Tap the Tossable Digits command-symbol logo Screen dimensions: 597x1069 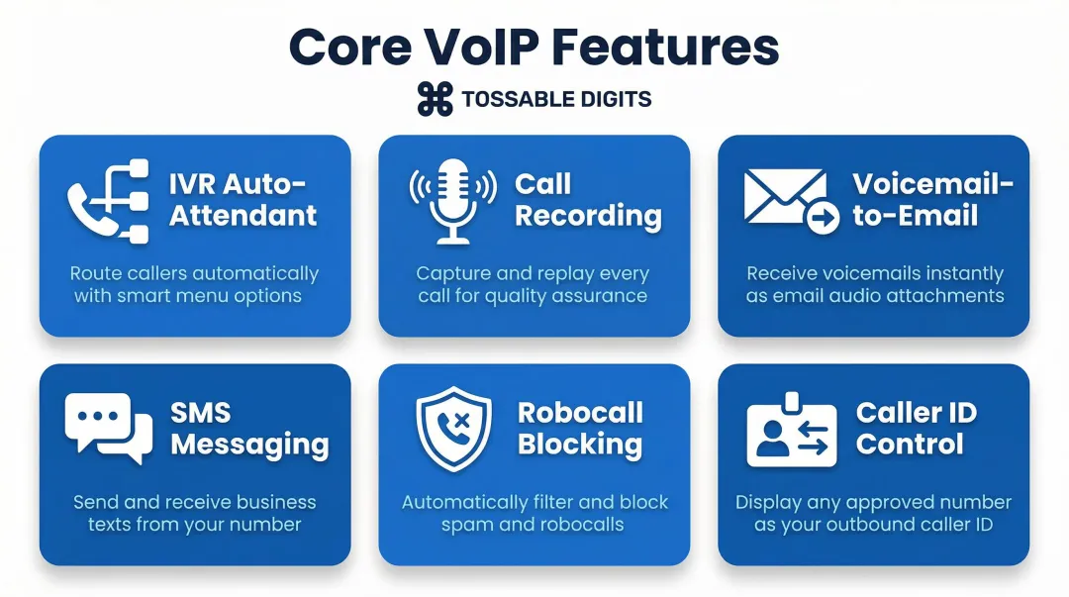click(434, 99)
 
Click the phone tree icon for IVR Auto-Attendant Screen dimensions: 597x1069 click(109, 201)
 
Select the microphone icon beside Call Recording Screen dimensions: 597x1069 click(452, 201)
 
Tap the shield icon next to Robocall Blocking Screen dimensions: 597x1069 click(452, 429)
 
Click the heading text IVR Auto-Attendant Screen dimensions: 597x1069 click(243, 200)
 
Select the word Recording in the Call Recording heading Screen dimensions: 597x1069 click(588, 216)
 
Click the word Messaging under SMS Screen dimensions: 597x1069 click(249, 445)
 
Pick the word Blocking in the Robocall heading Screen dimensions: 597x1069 click(579, 445)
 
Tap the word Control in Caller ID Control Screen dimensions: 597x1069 click(909, 445)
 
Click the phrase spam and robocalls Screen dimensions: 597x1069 click(533, 524)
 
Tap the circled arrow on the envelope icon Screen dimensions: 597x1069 click(823, 219)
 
